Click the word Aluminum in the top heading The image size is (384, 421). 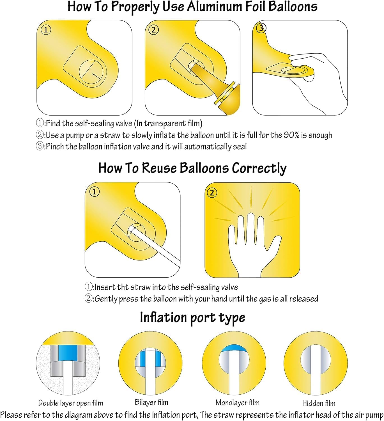215,7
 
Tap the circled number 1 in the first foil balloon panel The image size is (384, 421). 46,30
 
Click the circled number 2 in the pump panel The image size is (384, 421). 153,30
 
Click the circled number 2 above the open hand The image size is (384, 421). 212,193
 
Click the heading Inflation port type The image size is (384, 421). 192,318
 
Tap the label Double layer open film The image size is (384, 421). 70,403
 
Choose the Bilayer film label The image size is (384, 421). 151,402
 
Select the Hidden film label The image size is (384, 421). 319,404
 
